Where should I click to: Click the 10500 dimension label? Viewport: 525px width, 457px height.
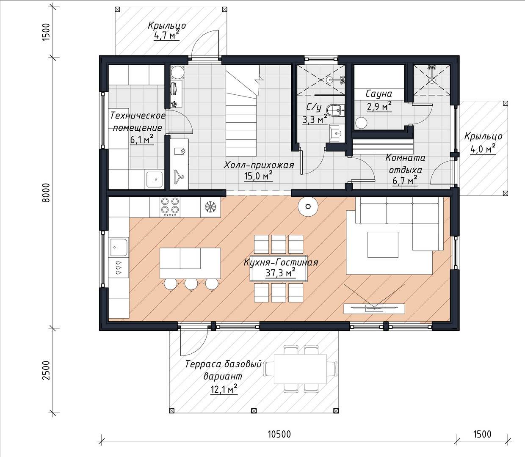(x=279, y=434)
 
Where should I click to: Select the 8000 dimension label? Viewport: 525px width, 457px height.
(x=46, y=193)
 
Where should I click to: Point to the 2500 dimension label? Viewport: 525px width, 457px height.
(x=46, y=370)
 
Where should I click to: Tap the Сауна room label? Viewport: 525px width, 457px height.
(x=379, y=94)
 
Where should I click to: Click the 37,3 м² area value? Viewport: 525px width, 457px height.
(x=280, y=273)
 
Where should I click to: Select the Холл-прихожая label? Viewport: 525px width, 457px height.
(x=259, y=165)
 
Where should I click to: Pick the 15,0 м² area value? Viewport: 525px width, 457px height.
(x=258, y=176)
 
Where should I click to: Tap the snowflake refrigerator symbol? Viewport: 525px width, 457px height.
(x=211, y=207)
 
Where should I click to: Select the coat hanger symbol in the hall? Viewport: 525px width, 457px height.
(x=179, y=177)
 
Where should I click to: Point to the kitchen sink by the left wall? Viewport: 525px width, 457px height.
(x=119, y=248)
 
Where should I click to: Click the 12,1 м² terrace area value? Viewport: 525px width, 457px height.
(x=224, y=390)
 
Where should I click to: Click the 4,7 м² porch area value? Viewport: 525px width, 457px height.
(x=166, y=36)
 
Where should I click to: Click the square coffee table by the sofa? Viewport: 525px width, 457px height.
(x=383, y=245)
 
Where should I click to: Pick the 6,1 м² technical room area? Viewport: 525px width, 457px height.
(x=142, y=139)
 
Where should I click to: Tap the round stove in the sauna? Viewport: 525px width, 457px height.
(x=362, y=123)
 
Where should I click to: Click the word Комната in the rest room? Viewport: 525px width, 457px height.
(x=405, y=158)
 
